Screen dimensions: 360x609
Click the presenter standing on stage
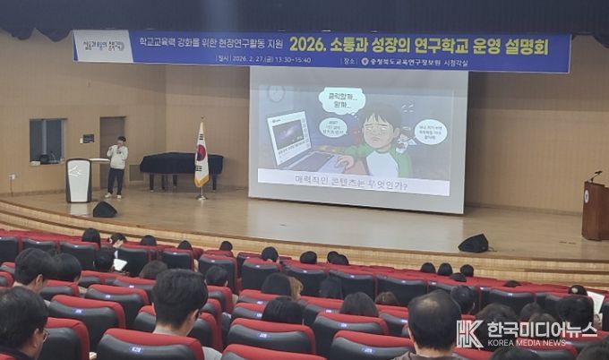pyautogui.click(x=116, y=166)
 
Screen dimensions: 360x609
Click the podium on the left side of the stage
pyautogui.click(x=79, y=180)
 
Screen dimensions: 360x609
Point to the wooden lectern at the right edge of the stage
pyautogui.click(x=595, y=210)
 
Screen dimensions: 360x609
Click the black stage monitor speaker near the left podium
pyautogui.click(x=105, y=210)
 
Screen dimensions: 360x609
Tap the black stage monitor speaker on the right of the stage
pyautogui.click(x=474, y=243)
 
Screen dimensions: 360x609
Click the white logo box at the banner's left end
pyautogui.click(x=102, y=45)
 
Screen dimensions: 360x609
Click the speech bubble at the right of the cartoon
pyautogui.click(x=431, y=133)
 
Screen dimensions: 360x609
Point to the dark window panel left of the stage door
pyautogui.click(x=47, y=141)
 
